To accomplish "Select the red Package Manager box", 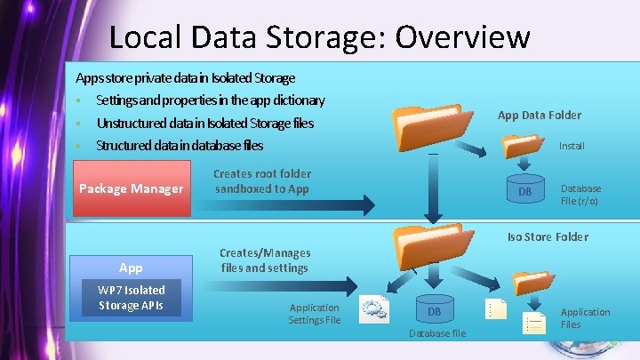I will pos(131,188).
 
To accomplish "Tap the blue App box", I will pos(131,267).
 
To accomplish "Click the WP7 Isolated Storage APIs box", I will pos(131,298).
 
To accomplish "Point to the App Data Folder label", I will pos(539,115).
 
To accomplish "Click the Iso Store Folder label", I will pos(548,236).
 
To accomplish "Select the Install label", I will pos(572,145).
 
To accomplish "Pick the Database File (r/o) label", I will pos(580,195).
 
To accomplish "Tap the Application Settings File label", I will pos(315,314).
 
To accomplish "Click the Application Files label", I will pos(585,318).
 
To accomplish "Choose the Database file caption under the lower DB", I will pos(436,333).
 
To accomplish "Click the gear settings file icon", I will pos(373,309).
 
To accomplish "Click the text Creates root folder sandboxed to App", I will pos(262,181).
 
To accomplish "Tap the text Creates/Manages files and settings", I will pos(264,260).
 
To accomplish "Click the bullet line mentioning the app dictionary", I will pos(210,100).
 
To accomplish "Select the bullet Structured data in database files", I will pos(179,145).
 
